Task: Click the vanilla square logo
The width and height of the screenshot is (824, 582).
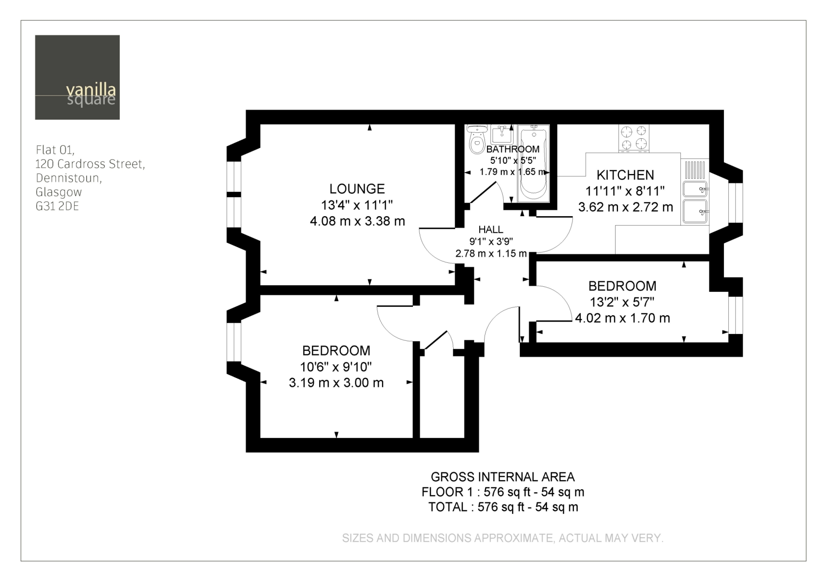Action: click(x=77, y=77)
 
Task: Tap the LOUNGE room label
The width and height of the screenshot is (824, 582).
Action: click(x=357, y=189)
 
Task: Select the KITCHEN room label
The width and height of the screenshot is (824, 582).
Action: click(x=625, y=175)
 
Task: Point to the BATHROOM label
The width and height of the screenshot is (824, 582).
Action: click(x=513, y=149)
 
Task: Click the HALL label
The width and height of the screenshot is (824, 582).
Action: click(x=490, y=230)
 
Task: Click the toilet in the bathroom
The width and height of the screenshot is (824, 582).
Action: click(x=477, y=139)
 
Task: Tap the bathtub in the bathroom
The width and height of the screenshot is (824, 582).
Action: click(x=534, y=164)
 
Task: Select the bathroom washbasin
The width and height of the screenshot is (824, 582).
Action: click(x=502, y=134)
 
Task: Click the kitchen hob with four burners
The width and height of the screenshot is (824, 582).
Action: click(x=634, y=139)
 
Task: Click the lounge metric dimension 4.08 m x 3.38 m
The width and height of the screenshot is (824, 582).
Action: click(x=357, y=221)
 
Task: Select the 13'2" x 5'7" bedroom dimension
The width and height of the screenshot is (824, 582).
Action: click(x=622, y=302)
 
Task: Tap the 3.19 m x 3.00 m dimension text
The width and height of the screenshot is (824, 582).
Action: click(x=336, y=383)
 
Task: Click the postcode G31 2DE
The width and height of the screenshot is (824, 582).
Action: click(x=57, y=206)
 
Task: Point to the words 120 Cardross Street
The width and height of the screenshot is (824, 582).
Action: click(x=90, y=164)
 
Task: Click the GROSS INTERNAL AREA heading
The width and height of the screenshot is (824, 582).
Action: click(x=502, y=477)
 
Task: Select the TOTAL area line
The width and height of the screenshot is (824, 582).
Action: click(x=503, y=507)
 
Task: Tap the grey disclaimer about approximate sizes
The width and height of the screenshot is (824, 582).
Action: click(x=502, y=538)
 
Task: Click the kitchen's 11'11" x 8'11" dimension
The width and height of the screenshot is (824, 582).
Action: click(x=625, y=191)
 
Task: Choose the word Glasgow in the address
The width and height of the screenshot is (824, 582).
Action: click(x=59, y=192)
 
